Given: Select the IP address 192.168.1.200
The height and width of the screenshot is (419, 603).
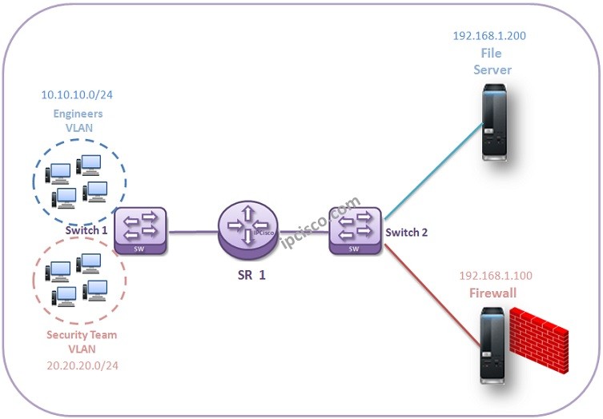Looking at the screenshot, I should pyautogui.click(x=489, y=36).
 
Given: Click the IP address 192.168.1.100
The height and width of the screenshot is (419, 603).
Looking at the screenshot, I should pyautogui.click(x=496, y=276).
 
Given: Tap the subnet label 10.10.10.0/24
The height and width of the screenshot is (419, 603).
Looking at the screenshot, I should pyautogui.click(x=78, y=95).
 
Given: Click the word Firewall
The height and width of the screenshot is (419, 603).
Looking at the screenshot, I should pyautogui.click(x=492, y=293).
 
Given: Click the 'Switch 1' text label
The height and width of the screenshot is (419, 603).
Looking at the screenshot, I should pyautogui.click(x=86, y=230).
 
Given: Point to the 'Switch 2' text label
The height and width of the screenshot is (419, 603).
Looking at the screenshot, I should pyautogui.click(x=407, y=232).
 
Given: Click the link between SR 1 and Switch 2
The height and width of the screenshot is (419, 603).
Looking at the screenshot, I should pyautogui.click(x=303, y=231).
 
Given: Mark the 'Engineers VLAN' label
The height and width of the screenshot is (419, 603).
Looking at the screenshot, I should pyautogui.click(x=78, y=120).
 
